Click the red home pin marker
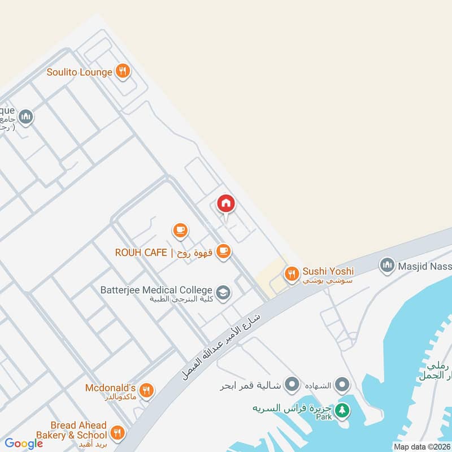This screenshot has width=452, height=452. (226, 204)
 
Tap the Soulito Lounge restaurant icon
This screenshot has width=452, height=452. (123, 72)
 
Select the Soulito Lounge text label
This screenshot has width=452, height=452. (79, 72)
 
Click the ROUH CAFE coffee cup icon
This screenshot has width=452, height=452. (224, 251)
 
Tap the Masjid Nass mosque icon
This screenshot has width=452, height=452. (387, 264)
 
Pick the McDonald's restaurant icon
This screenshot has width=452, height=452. (146, 390)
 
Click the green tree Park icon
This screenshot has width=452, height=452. (341, 411)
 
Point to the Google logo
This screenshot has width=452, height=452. (24, 444)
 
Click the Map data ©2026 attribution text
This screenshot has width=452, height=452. (421, 446)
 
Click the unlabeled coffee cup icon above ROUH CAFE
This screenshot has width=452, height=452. (180, 230)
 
